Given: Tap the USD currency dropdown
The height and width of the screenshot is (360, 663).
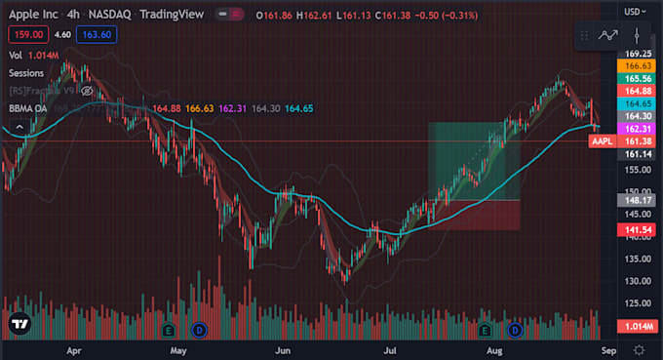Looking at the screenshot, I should [x=637, y=12].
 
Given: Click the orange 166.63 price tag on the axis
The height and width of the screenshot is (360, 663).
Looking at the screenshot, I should [x=639, y=65].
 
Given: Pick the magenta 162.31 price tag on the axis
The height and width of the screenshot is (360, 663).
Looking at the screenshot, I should [x=639, y=128].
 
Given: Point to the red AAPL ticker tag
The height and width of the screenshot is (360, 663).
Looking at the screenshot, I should [x=603, y=141].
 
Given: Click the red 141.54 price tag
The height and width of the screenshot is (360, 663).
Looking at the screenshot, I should [x=639, y=229].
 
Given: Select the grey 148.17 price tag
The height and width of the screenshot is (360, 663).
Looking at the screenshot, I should [x=639, y=202].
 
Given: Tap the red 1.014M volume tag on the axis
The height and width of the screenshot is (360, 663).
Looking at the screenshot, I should [x=639, y=326].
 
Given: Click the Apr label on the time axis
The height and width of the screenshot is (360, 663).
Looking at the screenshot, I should [x=71, y=348].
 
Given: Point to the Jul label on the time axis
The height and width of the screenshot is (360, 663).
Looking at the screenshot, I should [x=390, y=348].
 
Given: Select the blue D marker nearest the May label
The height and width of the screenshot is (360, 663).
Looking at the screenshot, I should [x=200, y=330].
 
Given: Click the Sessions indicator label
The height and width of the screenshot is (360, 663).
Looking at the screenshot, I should [x=25, y=73].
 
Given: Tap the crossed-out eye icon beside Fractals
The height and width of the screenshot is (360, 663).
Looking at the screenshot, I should [x=87, y=91].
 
